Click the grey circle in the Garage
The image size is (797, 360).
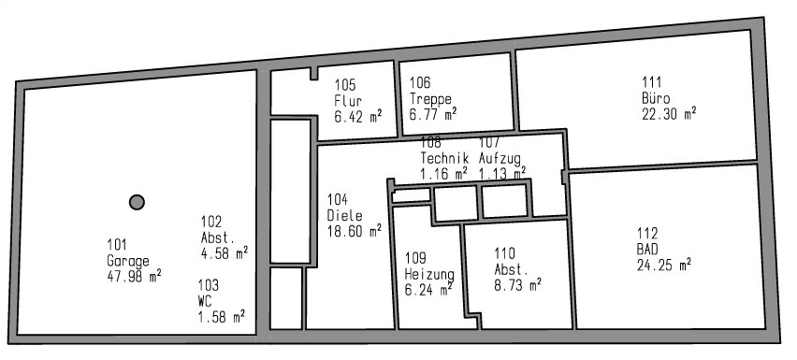pyautogui.click(x=137, y=201)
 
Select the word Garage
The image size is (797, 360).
pyautogui.click(x=128, y=261)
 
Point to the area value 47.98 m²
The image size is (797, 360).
pyautogui.click(x=135, y=275)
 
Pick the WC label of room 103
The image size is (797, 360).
pyautogui.click(x=206, y=301)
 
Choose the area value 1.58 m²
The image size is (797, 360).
pyautogui.click(x=222, y=317)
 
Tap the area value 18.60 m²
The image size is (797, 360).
pyautogui.click(x=354, y=229)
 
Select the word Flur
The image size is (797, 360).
pyautogui.click(x=347, y=103)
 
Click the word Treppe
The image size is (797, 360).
pyautogui.click(x=430, y=98)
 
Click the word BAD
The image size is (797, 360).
pyautogui.click(x=647, y=249)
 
